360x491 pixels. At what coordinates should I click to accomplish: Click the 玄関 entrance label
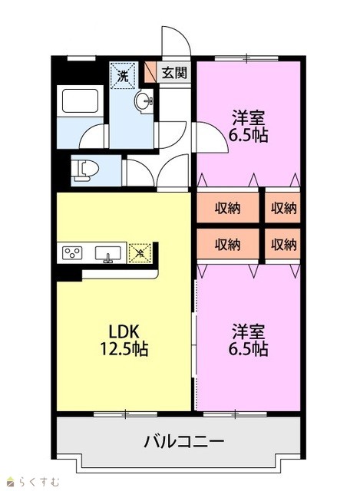tap(174, 73)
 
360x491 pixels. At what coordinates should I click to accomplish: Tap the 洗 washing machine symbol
tap(123, 75)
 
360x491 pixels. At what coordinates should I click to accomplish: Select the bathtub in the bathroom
tap(80, 101)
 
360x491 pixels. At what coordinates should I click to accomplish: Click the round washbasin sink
tap(144, 101)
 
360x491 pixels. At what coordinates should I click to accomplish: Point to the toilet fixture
tap(84, 170)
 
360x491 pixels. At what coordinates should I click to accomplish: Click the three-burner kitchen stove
tap(72, 252)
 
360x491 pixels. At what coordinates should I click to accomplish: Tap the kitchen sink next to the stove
tap(107, 254)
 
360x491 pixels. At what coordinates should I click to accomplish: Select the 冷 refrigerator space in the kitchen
tap(140, 252)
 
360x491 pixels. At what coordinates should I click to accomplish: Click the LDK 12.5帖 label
tap(124, 340)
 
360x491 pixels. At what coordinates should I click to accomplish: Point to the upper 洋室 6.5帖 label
tap(248, 126)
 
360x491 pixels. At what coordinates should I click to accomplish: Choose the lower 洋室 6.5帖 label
tap(248, 340)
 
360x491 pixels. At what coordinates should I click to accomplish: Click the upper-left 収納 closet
tap(228, 207)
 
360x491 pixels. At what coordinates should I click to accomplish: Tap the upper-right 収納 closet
tap(282, 207)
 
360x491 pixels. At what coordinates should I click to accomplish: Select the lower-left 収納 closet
tap(228, 244)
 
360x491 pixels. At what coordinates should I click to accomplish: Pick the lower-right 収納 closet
tap(282, 244)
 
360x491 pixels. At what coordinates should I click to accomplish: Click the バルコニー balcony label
tap(184, 442)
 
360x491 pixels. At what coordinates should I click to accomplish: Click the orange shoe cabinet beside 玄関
tap(150, 71)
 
